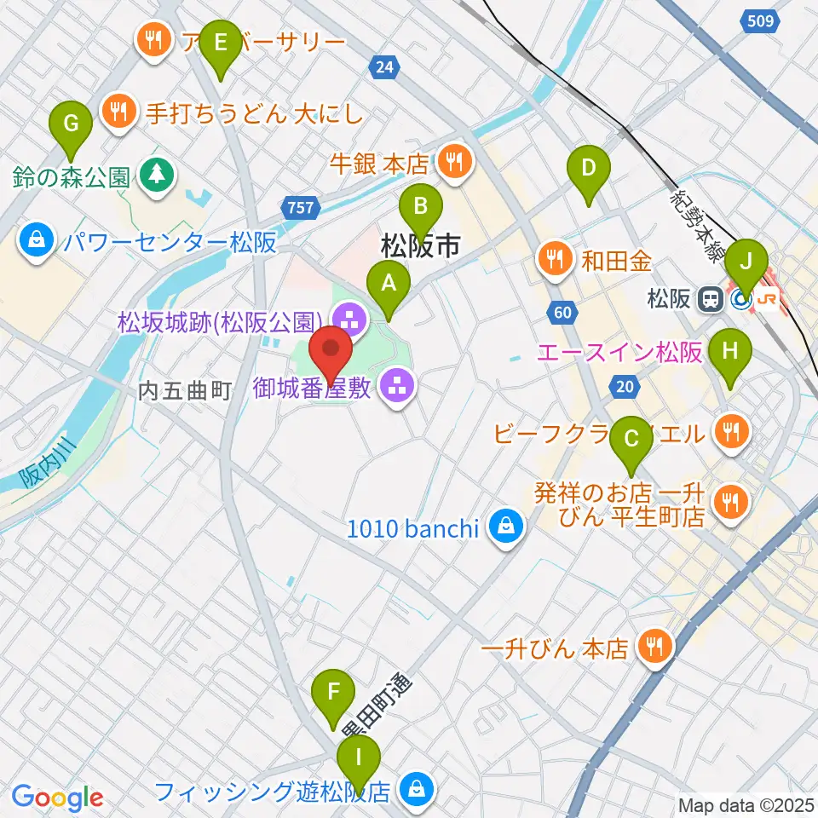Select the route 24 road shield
tap(385, 66)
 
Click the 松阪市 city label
tap(420, 247)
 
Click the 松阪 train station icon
tap(708, 299)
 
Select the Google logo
tap(57, 798)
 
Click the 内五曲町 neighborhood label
tap(186, 392)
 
